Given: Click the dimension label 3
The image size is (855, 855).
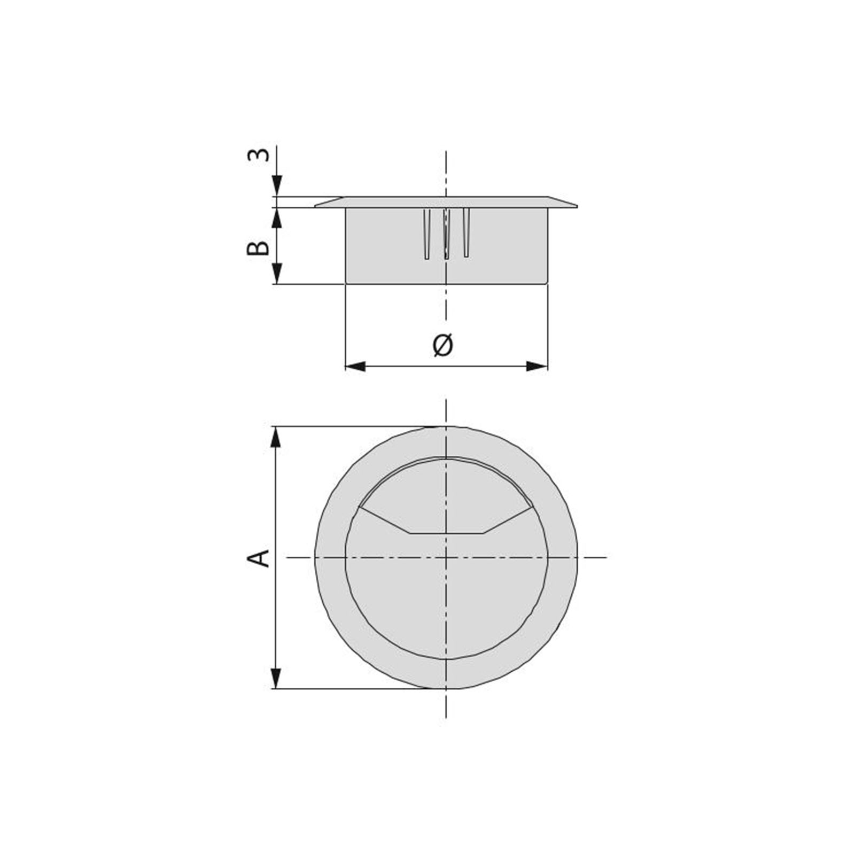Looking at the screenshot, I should [258, 155].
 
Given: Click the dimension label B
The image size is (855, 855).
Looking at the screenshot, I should [258, 248].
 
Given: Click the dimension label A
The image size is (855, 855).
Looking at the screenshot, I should [258, 557].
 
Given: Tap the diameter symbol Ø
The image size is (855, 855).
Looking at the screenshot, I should [443, 345].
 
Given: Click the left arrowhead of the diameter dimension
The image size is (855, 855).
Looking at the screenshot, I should [355, 366].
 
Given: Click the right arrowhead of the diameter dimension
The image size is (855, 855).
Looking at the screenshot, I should [537, 366].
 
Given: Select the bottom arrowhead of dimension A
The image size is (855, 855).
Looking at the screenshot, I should [276, 678].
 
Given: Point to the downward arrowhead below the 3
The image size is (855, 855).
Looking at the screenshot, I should [276, 186].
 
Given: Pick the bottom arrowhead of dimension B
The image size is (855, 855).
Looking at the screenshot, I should [276, 274].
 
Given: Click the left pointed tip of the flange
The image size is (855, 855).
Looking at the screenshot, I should [316, 206].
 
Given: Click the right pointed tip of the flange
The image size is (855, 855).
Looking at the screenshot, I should [576, 206].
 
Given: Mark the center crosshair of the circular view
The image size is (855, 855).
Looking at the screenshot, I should [446, 557].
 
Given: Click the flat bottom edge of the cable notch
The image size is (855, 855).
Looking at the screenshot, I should [446, 533].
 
